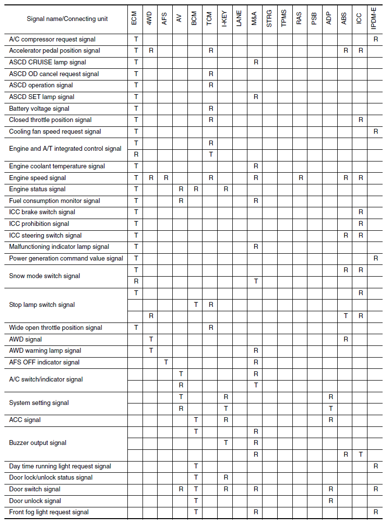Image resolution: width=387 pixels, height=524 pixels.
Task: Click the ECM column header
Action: click(135, 19)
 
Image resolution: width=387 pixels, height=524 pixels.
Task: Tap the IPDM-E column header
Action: click(375, 19)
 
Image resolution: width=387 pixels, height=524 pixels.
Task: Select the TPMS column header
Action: click(284, 19)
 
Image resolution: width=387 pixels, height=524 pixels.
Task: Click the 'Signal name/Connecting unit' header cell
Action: click(67, 19)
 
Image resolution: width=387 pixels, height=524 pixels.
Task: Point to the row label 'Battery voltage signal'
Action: click(39, 108)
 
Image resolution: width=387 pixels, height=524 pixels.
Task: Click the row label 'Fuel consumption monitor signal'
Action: click(54, 201)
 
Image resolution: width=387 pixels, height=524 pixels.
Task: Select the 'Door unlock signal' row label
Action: click(35, 501)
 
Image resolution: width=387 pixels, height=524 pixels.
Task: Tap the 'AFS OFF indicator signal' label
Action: click(44, 362)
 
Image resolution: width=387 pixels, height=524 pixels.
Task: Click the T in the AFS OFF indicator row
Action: click(166, 362)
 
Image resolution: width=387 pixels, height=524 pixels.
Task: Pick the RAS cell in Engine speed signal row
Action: click(301, 178)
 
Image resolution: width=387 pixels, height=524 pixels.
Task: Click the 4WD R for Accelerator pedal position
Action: click(151, 50)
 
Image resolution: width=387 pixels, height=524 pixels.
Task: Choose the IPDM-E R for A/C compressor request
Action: click(376, 39)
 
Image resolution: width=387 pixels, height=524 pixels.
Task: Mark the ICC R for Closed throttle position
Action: click(361, 120)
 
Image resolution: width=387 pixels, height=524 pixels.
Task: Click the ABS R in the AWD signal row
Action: click(346, 339)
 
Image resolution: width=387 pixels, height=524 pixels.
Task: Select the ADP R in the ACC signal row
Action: click(330, 420)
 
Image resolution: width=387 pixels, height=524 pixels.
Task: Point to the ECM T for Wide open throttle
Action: click(136, 327)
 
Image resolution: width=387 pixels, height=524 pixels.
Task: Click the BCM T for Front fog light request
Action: click(196, 512)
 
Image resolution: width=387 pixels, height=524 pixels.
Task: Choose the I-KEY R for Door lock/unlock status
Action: click(226, 477)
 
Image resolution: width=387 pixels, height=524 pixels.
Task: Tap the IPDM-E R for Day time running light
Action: click(376, 466)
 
